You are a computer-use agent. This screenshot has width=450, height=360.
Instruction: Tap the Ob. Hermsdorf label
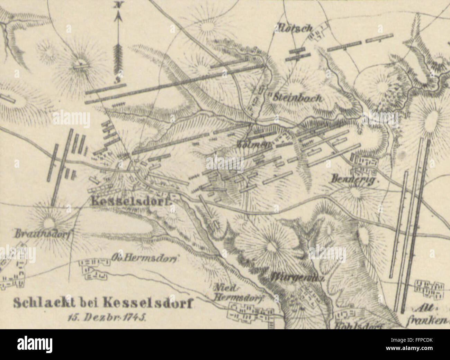coord(145,258)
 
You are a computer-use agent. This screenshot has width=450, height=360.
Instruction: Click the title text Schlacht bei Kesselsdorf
coord(103,303)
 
